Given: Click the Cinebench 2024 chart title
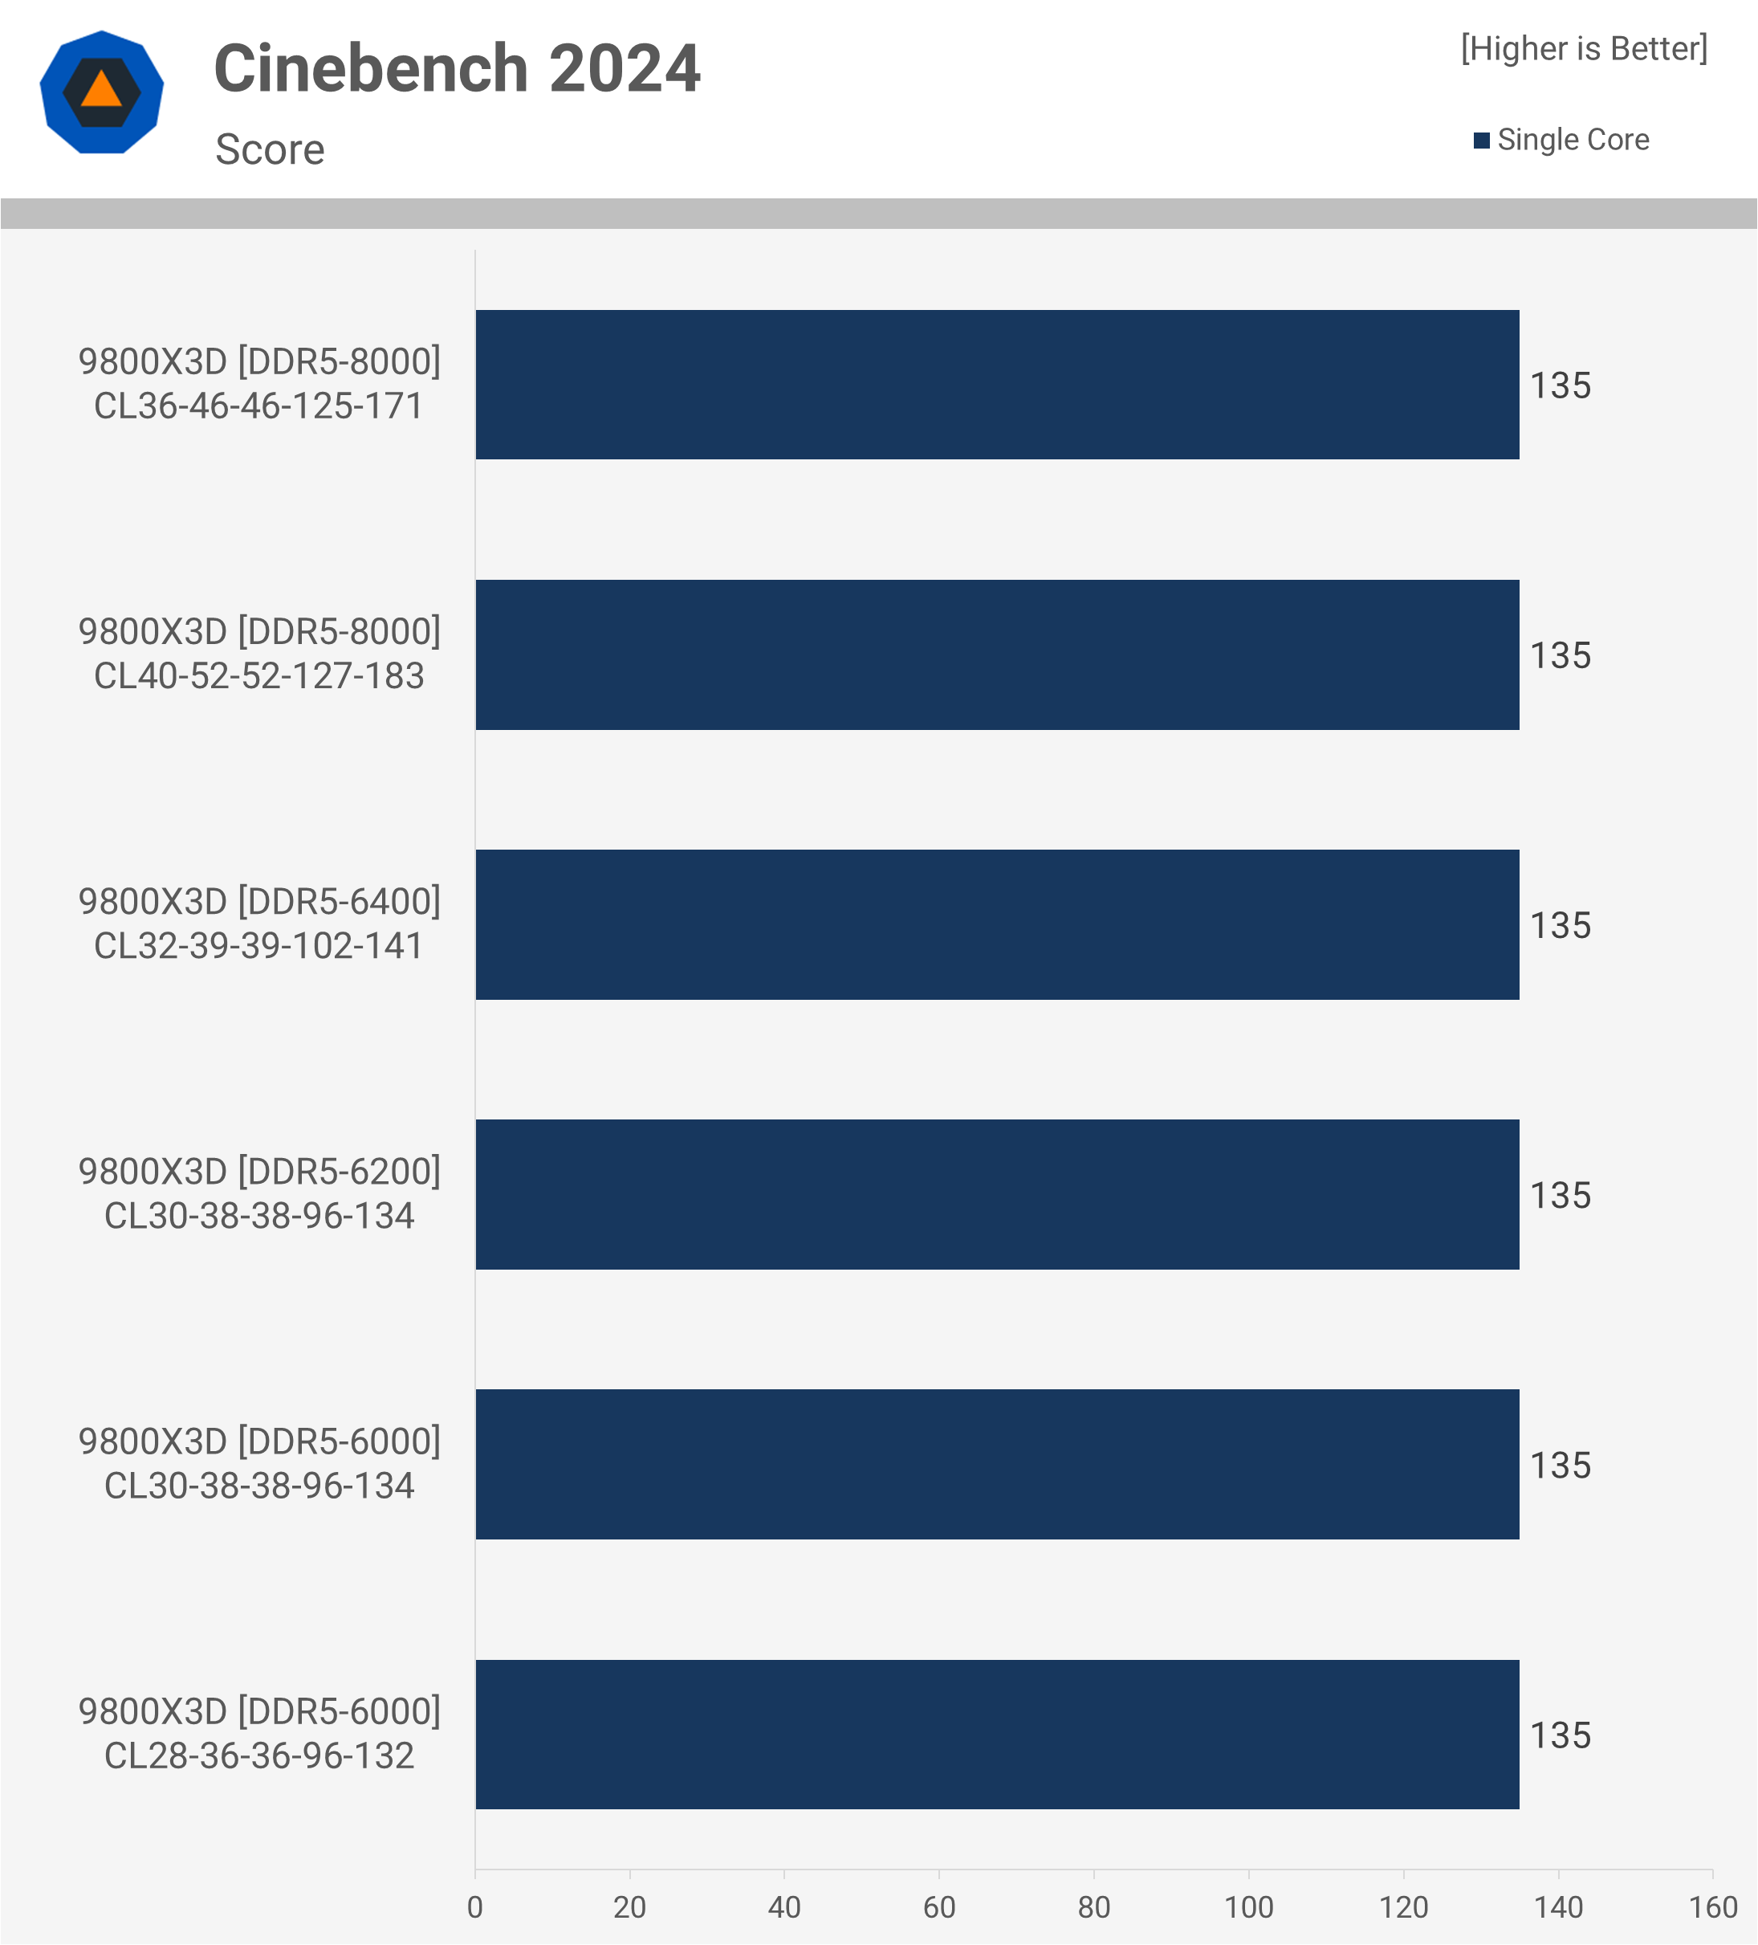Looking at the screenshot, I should [456, 69].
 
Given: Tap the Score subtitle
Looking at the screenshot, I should [270, 149].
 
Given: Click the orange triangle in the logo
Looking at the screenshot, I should [101, 91].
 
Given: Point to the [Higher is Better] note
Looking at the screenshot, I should [1584, 48].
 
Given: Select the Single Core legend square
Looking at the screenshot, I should [1481, 141].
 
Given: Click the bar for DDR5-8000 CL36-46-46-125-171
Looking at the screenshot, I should [997, 385].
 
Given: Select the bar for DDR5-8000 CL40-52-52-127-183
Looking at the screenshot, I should [997, 655].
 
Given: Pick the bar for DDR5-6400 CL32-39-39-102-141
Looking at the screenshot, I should [997, 924].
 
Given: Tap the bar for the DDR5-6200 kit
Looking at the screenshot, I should [997, 1194].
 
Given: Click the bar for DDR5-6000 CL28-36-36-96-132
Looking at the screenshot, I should [997, 1735].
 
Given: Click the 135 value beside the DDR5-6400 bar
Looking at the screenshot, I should [1561, 925].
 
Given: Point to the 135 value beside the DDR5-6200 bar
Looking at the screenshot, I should [1561, 1196].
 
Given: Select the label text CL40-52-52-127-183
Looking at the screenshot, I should [258, 676].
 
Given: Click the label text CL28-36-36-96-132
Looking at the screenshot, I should [258, 1756].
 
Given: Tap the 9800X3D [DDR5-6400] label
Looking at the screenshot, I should [258, 901].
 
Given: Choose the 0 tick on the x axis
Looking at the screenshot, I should [474, 1907].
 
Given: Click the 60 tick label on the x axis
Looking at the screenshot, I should [939, 1907].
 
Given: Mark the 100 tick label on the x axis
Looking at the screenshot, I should [1249, 1907].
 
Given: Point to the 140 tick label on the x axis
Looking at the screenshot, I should [1558, 1907].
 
